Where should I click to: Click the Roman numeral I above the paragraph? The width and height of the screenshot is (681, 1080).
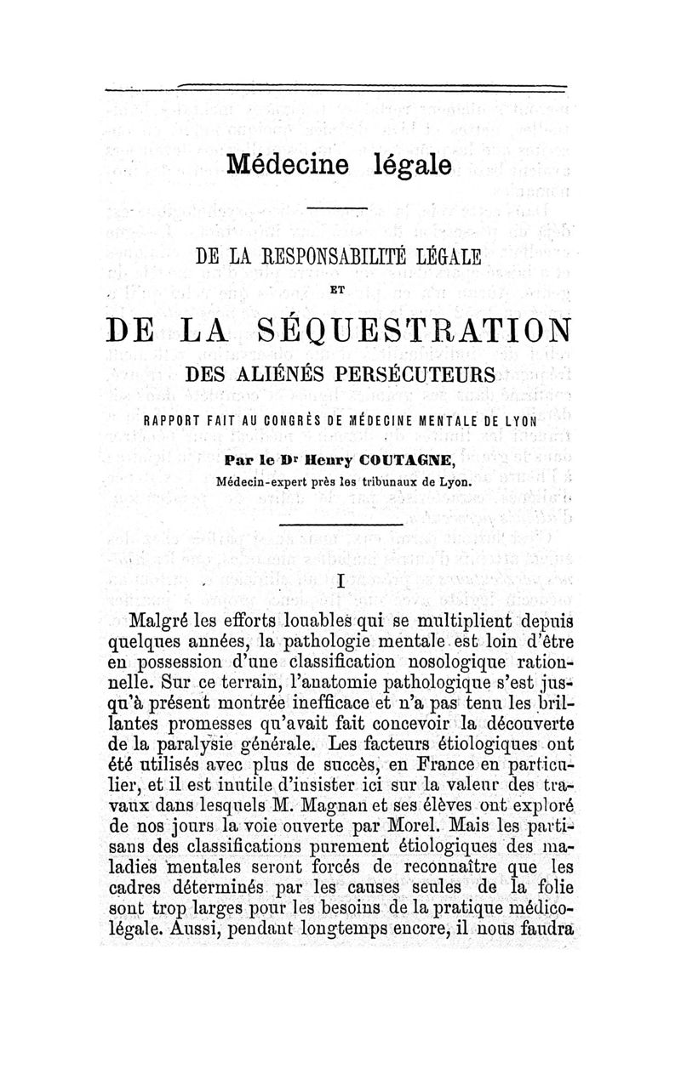click(x=340, y=582)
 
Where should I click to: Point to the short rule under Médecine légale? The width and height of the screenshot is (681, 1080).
click(x=338, y=207)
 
